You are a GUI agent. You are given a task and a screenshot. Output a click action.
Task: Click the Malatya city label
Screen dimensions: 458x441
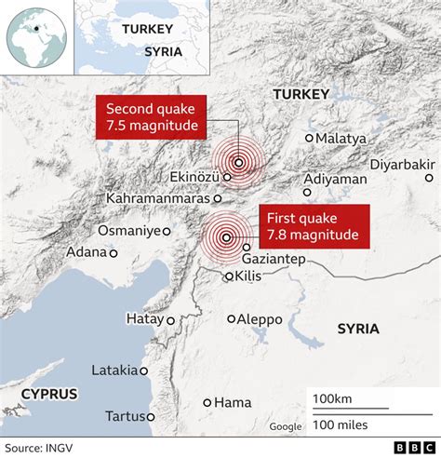pyautogui.click(x=341, y=138)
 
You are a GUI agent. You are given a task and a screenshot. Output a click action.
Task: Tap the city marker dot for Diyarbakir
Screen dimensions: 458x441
pyautogui.click(x=429, y=178)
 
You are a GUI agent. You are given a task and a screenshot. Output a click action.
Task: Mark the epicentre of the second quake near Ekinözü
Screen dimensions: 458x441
pyautogui.click(x=239, y=162)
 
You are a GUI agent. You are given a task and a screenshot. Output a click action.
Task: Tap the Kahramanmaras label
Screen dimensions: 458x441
pyautogui.click(x=157, y=198)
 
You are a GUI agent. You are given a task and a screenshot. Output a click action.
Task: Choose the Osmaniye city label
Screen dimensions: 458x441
pyautogui.click(x=129, y=230)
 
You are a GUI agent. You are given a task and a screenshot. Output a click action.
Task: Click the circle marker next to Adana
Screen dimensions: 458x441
pyautogui.click(x=114, y=252)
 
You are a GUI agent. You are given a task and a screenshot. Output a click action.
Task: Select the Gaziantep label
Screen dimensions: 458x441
pyautogui.click(x=273, y=258)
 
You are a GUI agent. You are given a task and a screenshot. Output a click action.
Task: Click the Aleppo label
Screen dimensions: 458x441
pyautogui.click(x=260, y=319)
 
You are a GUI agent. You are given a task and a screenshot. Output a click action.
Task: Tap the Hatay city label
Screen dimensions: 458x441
pyautogui.click(x=144, y=319)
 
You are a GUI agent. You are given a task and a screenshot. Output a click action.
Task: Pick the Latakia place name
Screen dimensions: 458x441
pyautogui.click(x=114, y=370)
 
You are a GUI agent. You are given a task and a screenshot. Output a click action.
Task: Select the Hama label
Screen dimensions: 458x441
pyautogui.click(x=233, y=402)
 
